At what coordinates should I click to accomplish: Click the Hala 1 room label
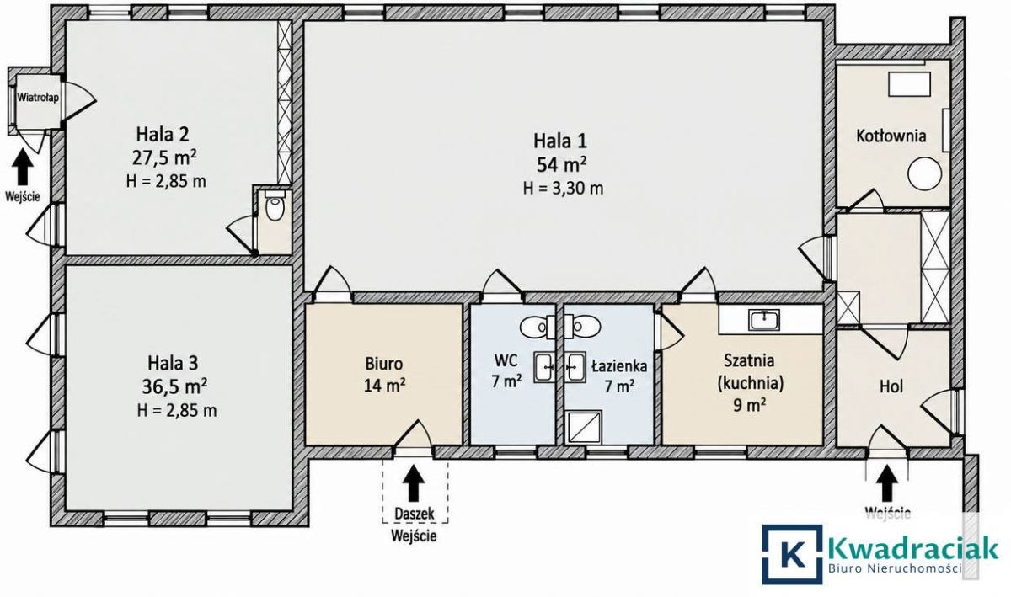pos(560,141)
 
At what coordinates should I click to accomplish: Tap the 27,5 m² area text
pos(164,158)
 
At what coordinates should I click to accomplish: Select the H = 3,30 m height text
pos(563,188)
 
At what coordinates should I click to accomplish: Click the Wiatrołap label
pos(38,97)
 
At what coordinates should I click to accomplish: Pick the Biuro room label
pos(383,363)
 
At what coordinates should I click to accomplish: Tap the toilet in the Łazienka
pos(583,326)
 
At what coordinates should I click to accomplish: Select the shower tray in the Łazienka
pos(584,427)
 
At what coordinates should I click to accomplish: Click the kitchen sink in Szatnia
pos(763,320)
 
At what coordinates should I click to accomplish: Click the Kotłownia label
pos(891,136)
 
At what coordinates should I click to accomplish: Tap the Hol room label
pos(891,386)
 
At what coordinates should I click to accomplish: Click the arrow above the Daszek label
pos(413,481)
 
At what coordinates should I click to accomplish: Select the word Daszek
pos(415,513)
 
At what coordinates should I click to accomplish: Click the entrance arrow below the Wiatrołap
pos(22,167)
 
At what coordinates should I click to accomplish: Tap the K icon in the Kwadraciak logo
pos(792,554)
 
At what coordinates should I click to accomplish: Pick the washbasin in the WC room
pos(544,367)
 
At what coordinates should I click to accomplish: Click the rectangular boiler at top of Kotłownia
pos(909,84)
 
